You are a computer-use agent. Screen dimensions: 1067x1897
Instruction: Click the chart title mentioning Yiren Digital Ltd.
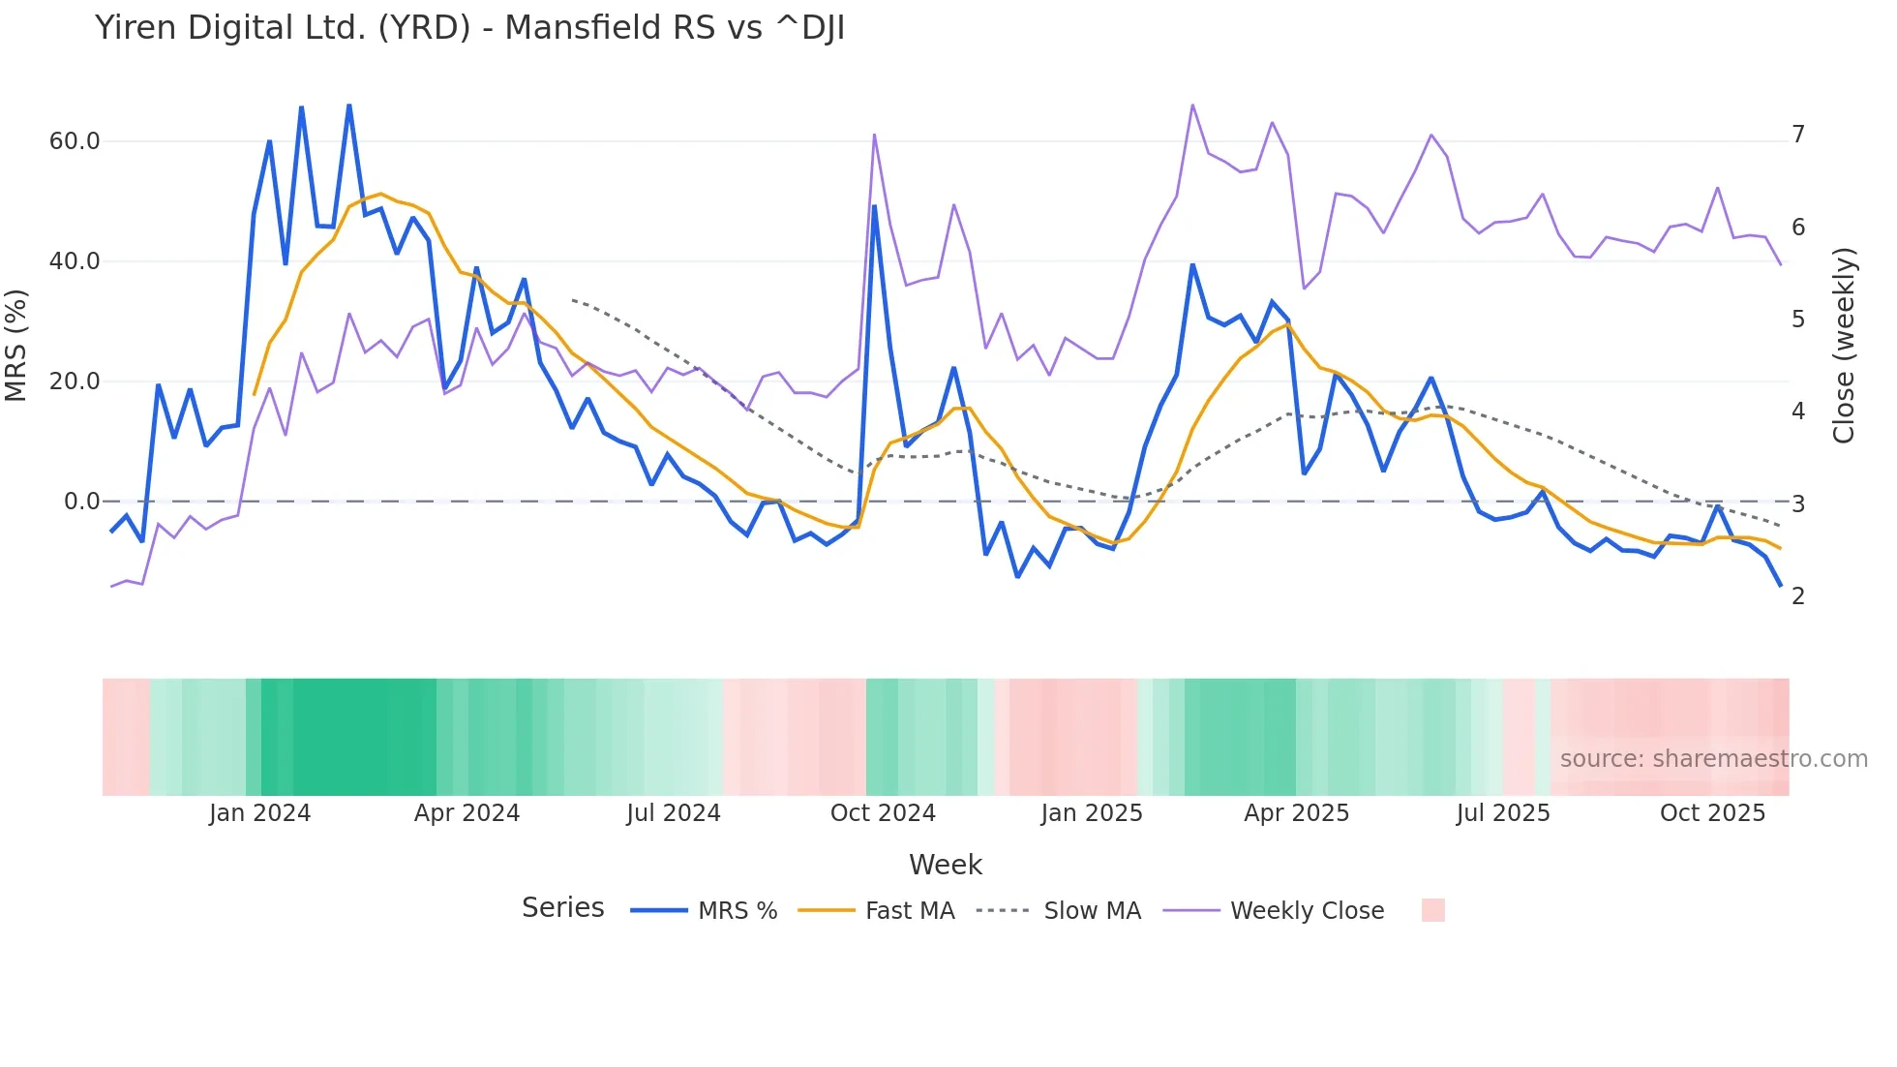point(469,28)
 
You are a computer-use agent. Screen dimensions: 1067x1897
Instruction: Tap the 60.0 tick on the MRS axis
point(75,141)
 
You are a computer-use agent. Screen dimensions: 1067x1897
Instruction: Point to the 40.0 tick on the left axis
point(75,261)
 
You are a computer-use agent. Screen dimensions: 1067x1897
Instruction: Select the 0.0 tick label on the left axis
point(81,502)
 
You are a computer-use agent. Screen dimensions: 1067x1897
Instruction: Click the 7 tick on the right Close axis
point(1798,135)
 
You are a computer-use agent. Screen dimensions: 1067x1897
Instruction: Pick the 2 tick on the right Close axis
point(1798,596)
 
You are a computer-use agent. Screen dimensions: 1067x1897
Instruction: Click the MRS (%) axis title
point(15,346)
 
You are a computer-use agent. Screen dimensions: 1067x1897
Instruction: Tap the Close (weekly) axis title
point(1843,346)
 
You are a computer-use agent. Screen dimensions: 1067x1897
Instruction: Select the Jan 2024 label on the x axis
point(259,813)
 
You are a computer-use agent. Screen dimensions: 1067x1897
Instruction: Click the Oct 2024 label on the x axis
point(883,813)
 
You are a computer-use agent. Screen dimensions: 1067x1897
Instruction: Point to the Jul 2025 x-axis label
point(1503,813)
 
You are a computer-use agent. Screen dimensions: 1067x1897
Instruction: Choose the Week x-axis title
point(946,865)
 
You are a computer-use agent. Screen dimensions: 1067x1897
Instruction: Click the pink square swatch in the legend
point(1432,910)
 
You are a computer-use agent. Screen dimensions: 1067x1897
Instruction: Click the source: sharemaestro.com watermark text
point(1713,759)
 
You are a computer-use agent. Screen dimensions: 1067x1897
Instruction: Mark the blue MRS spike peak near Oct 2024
point(874,205)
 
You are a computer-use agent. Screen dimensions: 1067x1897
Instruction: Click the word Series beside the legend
point(562,908)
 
